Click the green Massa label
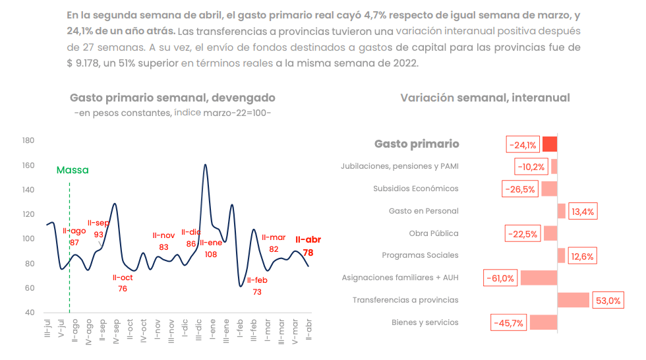click(73, 170)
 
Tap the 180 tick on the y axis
click(28, 140)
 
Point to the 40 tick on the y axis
click(30, 313)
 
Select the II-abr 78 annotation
click(308, 246)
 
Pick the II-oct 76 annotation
click(123, 283)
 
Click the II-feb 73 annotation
click(257, 285)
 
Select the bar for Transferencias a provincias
click(573, 300)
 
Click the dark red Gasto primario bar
click(550, 144)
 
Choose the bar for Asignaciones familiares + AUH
click(539, 278)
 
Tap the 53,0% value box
click(608, 300)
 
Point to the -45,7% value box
click(509, 322)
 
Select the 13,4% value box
click(583, 211)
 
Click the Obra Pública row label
click(434, 233)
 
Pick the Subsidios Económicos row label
click(415, 189)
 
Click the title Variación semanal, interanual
click(484, 98)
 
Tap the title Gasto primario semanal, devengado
click(173, 98)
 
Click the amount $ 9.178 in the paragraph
click(86, 63)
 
